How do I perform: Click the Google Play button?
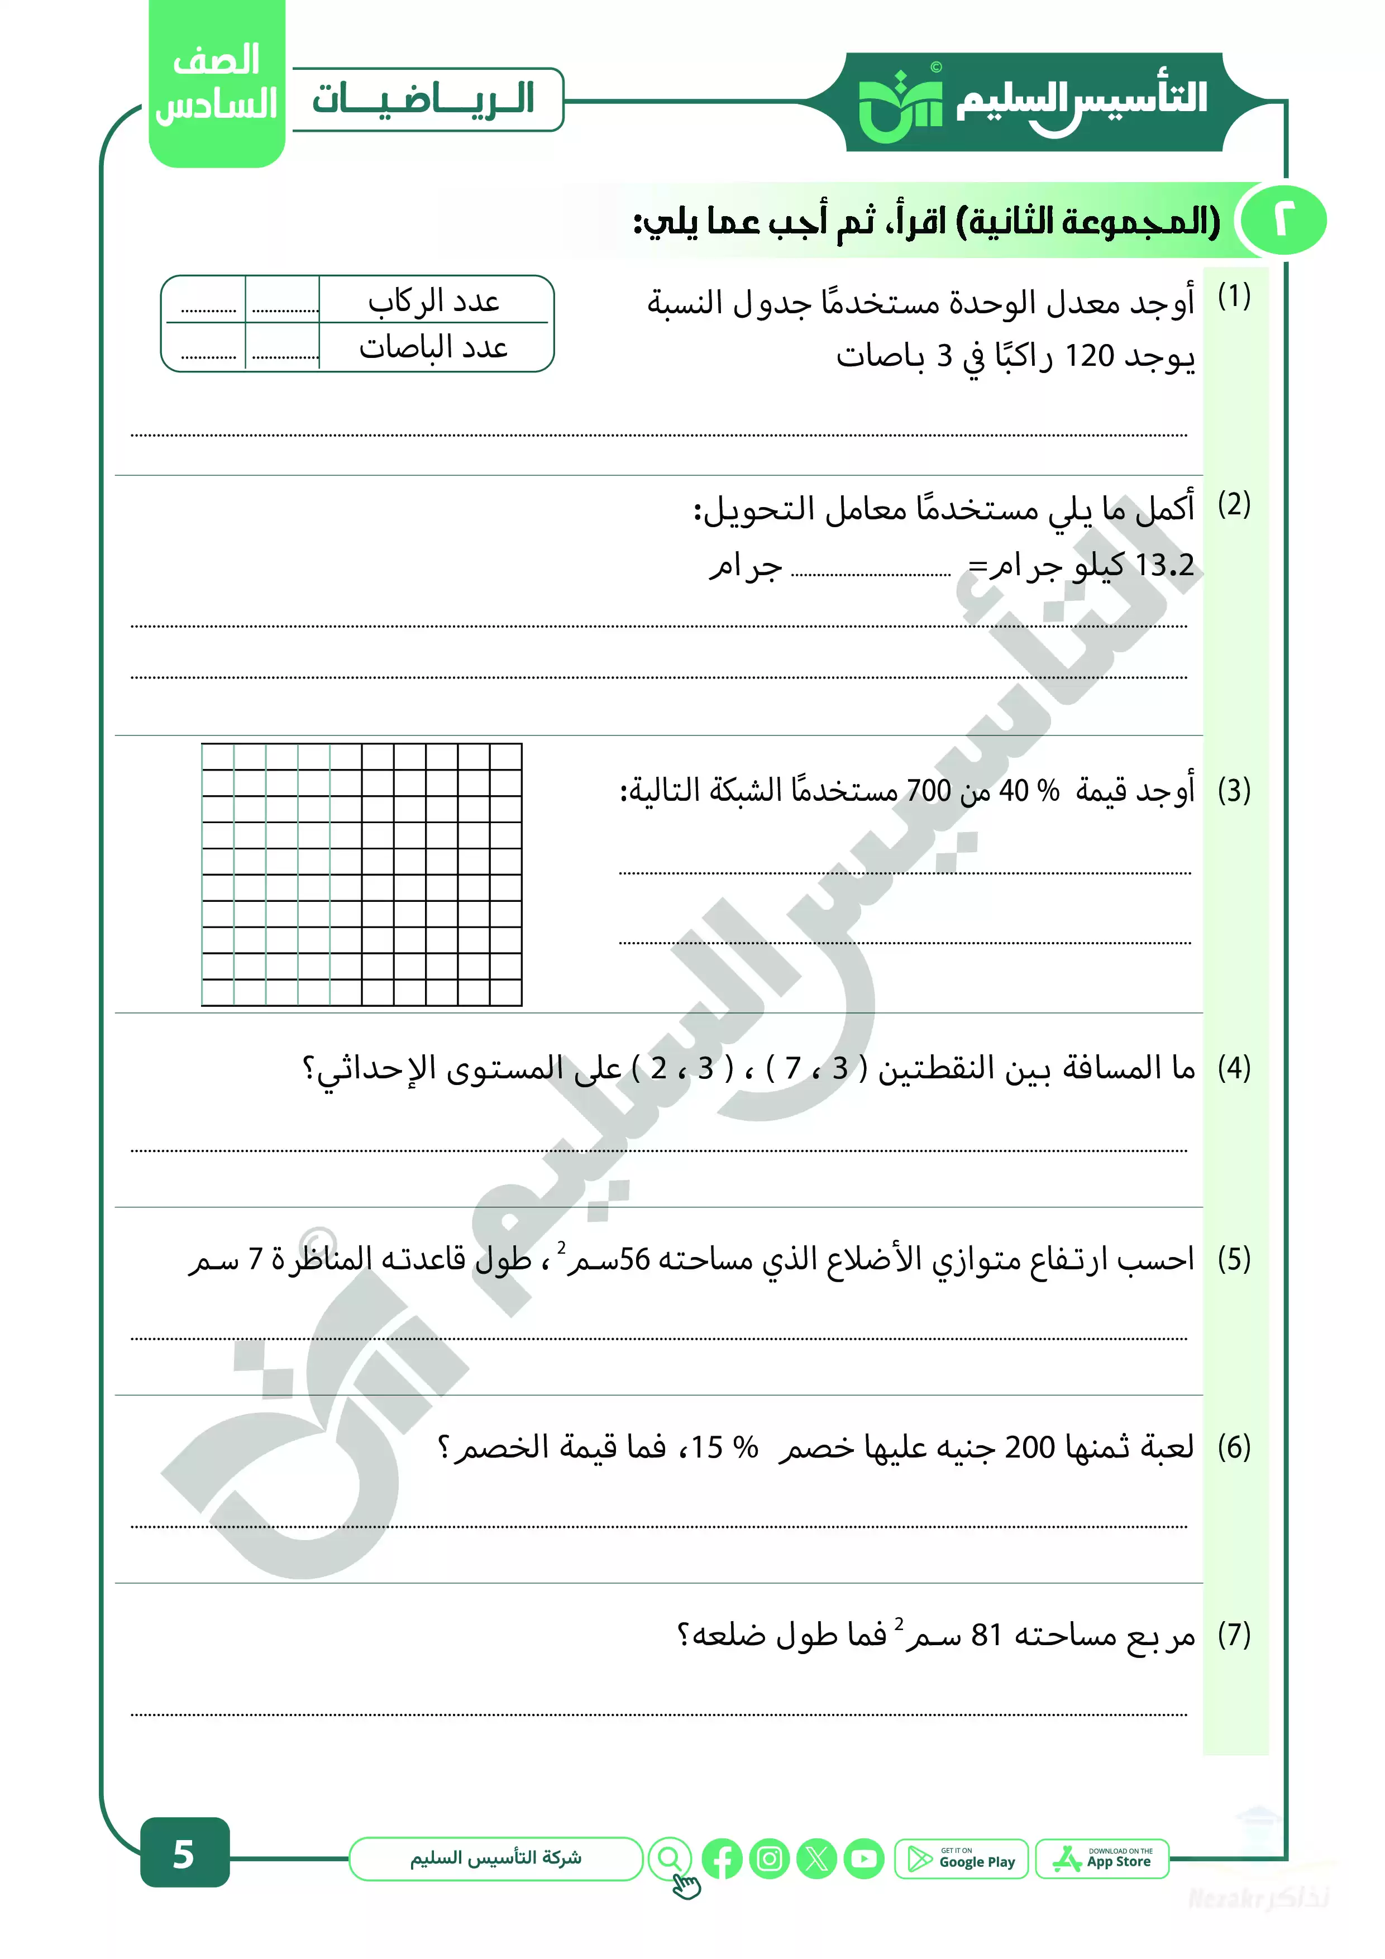pyautogui.click(x=961, y=1858)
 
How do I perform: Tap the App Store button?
pyautogui.click(x=1102, y=1858)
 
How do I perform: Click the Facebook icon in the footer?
pyautogui.click(x=722, y=1858)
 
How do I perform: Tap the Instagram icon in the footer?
pyautogui.click(x=769, y=1858)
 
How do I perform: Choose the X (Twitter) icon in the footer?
pyautogui.click(x=816, y=1858)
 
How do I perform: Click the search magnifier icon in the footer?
pyautogui.click(x=670, y=1858)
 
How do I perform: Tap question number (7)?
pyautogui.click(x=1233, y=1635)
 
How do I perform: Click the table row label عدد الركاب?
pyautogui.click(x=433, y=301)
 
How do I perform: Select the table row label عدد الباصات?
pyautogui.click(x=433, y=347)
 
